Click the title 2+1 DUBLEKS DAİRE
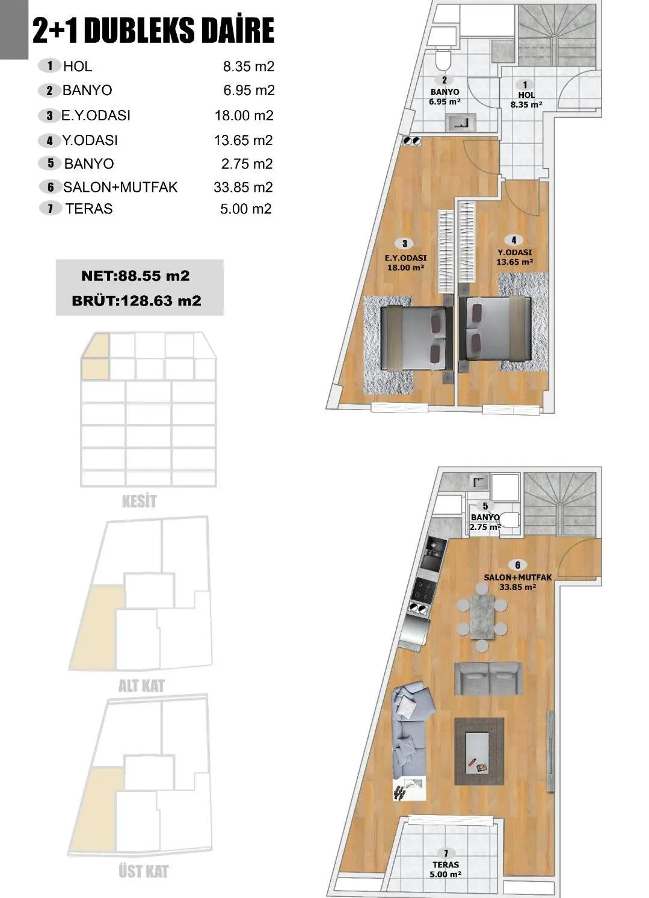(x=153, y=30)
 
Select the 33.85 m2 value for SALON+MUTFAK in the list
(x=243, y=187)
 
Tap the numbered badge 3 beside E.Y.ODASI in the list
(x=49, y=115)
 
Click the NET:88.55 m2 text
(x=135, y=276)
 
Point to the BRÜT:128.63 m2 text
(x=137, y=301)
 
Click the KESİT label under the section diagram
(x=139, y=501)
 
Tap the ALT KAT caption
(x=141, y=686)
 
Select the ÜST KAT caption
(x=143, y=871)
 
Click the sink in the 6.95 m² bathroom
(x=461, y=123)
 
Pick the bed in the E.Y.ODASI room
(x=416, y=337)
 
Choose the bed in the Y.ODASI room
(x=495, y=329)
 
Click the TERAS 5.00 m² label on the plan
(x=446, y=864)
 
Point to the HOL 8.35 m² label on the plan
(x=526, y=96)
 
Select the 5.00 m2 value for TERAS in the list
(x=246, y=209)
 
